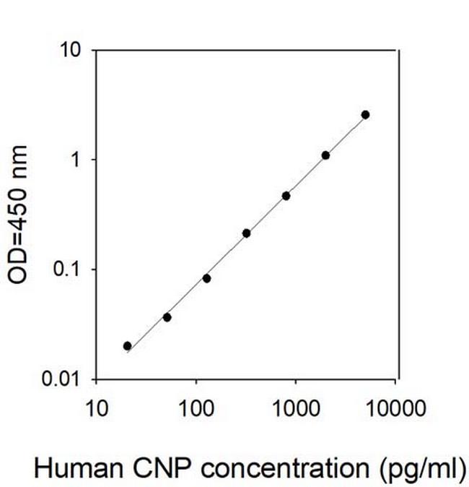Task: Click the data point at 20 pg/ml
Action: coord(128,346)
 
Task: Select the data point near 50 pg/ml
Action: coord(167,317)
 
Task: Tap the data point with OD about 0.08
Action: coord(206,278)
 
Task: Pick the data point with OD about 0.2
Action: coord(246,233)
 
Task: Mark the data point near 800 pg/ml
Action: coord(286,196)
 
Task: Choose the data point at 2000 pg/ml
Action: coord(325,155)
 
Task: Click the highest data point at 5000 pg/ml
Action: coord(365,115)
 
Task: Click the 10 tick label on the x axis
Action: coord(96,410)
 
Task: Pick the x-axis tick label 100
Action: coord(196,410)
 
